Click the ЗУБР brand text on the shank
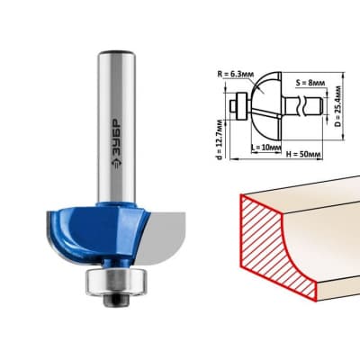(x=117, y=137)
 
